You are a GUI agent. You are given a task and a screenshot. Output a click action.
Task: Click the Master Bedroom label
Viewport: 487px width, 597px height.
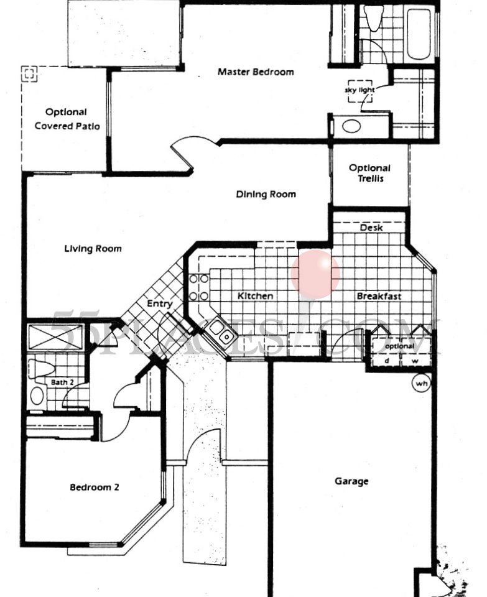point(255,72)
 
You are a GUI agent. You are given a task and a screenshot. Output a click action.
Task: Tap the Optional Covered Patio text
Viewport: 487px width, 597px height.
point(66,119)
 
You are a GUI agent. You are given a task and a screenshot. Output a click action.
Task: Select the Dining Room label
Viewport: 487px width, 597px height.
point(266,195)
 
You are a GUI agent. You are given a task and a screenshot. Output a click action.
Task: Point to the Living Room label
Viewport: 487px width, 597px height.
point(93,249)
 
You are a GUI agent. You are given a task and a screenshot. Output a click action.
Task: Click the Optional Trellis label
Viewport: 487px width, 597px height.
point(369,173)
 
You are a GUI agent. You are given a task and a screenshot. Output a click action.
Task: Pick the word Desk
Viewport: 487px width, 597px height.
point(371,228)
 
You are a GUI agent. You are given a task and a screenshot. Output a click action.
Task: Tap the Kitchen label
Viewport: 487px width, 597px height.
point(255,296)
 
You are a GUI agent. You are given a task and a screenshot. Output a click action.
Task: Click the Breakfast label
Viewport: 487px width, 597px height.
point(378,296)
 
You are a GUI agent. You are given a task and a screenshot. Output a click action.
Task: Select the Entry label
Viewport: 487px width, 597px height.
point(159,303)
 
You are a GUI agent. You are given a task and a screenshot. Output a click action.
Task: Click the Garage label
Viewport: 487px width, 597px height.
point(351,481)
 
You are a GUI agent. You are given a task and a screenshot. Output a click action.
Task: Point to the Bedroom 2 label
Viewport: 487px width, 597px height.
point(94,488)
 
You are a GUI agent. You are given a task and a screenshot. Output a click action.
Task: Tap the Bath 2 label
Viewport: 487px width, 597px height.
point(62,382)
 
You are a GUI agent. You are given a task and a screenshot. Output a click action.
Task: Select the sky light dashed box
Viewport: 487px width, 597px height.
point(359,91)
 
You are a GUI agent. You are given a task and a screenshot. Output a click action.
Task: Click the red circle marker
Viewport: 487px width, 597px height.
point(315,274)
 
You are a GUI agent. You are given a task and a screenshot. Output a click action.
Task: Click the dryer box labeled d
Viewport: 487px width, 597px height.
point(386,360)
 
